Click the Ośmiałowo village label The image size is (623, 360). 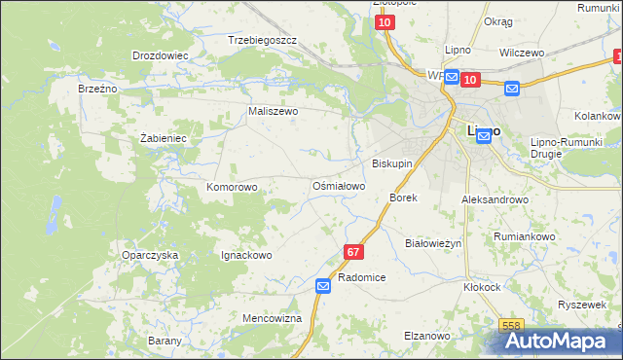(x=338, y=186)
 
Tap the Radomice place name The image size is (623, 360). (x=362, y=277)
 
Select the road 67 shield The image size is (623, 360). (x=352, y=252)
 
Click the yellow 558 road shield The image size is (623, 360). (x=512, y=326)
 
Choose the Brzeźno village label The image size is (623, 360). (x=97, y=88)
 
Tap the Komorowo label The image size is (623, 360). (x=232, y=186)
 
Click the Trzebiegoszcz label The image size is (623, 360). (x=262, y=40)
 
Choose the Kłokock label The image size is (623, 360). (x=482, y=287)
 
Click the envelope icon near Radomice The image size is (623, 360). (x=323, y=285)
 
